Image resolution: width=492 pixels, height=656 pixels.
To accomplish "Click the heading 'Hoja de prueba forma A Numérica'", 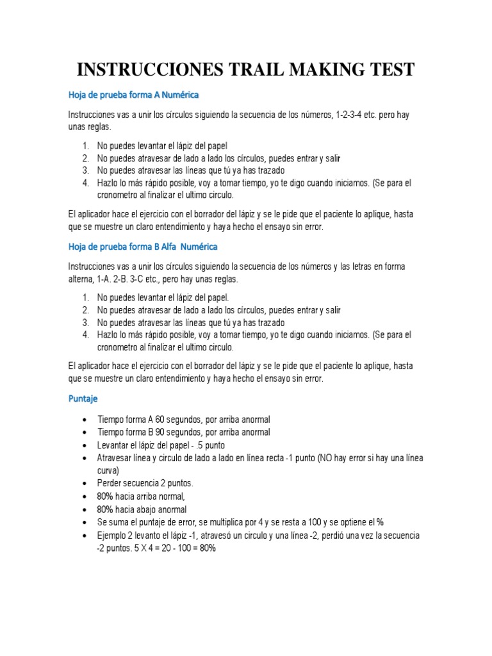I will point(133,95).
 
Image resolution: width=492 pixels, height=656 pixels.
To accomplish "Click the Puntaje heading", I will point(83,398).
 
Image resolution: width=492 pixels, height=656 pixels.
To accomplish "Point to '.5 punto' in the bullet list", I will point(209,445).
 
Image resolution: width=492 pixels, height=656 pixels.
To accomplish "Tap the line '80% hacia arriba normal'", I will point(141,496).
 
